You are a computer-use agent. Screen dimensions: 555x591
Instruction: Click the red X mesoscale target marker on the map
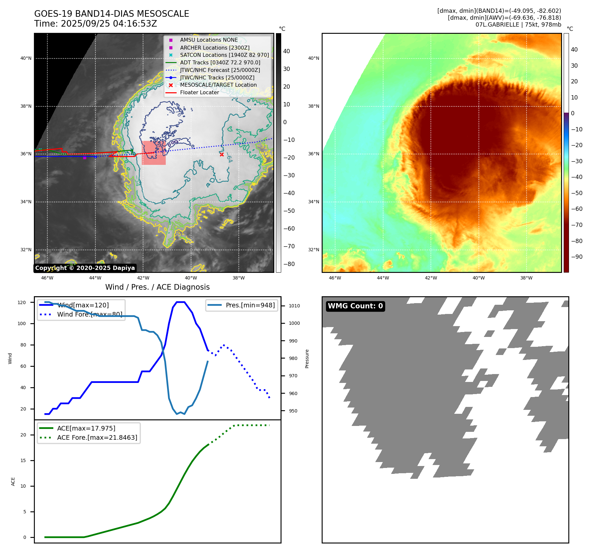coord(222,154)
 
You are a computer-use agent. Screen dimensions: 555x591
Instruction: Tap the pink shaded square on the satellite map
coord(154,153)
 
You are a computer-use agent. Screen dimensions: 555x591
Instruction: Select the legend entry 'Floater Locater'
coord(199,93)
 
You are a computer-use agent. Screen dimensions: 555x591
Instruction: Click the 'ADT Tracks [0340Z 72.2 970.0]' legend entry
coord(220,62)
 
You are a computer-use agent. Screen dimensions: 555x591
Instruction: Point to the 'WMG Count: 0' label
coord(355,306)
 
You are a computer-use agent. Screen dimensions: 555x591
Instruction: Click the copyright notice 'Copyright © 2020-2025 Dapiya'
coord(85,268)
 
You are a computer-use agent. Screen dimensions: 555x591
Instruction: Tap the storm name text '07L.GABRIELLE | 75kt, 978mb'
coord(518,25)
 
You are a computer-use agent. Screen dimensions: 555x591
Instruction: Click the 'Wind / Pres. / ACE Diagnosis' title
coord(157,287)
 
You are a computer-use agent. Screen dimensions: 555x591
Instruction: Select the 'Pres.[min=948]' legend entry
coord(250,305)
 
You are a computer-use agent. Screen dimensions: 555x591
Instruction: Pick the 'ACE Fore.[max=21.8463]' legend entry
coord(97,437)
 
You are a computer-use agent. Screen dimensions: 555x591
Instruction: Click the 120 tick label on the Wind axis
coord(22,302)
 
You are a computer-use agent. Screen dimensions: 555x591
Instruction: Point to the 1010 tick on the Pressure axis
coord(294,306)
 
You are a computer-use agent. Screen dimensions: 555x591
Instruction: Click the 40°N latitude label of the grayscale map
coord(26,58)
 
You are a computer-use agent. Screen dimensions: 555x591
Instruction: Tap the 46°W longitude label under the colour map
coord(335,278)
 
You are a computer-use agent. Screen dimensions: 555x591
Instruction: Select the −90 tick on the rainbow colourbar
coord(577,257)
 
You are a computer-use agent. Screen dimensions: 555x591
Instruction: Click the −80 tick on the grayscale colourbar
coord(289,264)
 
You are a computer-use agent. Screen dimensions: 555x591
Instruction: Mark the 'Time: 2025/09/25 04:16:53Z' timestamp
coord(96,24)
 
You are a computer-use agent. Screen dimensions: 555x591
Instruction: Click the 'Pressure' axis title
coord(307,359)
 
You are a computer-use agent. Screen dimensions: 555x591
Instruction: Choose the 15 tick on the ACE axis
coord(23,460)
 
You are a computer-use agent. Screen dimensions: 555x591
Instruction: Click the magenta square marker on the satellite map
coord(85,158)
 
